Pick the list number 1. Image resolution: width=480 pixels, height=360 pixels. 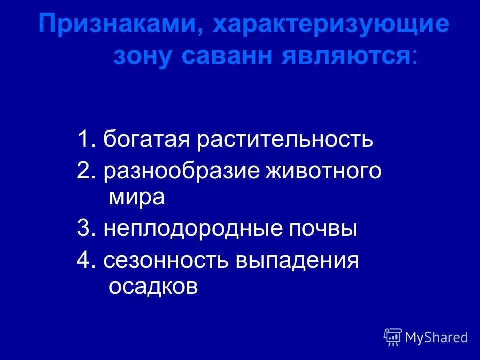(x=83, y=139)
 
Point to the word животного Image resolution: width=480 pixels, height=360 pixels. (x=324, y=171)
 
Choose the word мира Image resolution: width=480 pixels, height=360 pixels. (x=136, y=197)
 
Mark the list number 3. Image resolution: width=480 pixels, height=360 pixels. (x=83, y=229)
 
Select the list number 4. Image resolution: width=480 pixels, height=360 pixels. (x=83, y=261)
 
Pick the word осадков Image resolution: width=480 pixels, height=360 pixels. (x=153, y=287)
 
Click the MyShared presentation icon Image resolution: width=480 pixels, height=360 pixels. (x=393, y=337)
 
